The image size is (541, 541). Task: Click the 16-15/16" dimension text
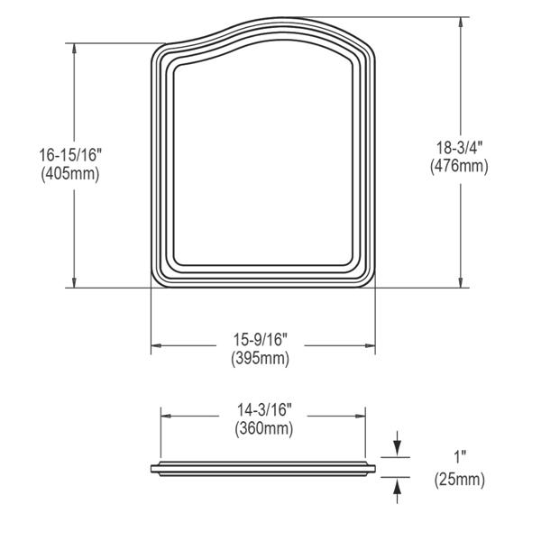(x=70, y=155)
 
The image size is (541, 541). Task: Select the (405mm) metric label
(x=70, y=173)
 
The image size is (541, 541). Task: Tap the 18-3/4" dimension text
(x=459, y=148)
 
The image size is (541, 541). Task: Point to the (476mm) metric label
(x=459, y=166)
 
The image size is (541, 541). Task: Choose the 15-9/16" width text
(x=261, y=340)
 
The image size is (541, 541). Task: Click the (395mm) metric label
(x=261, y=358)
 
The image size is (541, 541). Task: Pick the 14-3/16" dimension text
(x=264, y=410)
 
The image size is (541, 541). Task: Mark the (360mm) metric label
(x=264, y=429)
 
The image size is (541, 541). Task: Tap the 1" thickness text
(x=460, y=457)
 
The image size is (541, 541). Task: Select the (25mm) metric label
(x=460, y=480)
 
